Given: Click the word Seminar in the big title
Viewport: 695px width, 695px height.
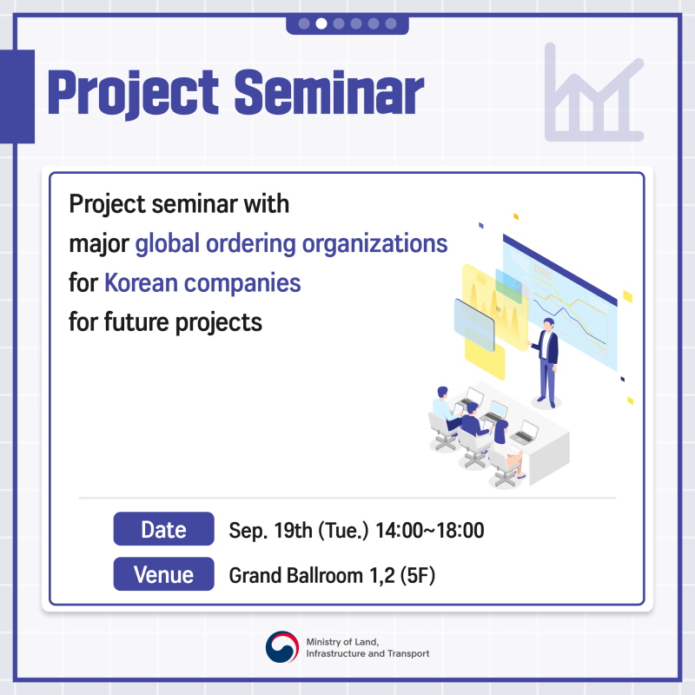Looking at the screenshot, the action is [329, 93].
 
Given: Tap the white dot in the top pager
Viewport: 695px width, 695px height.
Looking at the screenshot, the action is [321, 23].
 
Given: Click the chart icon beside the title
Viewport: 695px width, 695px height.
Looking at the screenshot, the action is [594, 92].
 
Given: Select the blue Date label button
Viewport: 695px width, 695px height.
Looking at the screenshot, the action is [164, 529].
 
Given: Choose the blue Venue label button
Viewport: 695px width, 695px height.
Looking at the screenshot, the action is [164, 574].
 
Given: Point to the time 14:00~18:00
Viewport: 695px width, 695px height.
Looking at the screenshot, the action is [429, 530].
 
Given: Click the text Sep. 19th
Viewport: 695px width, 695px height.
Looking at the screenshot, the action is [270, 530].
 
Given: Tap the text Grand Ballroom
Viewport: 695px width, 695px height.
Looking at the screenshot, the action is [296, 575].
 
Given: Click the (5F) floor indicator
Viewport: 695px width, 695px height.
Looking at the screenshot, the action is [418, 575].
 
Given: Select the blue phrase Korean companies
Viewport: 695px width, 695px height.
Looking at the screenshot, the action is [202, 283].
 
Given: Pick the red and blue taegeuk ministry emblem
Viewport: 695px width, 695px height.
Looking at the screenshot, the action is [282, 647].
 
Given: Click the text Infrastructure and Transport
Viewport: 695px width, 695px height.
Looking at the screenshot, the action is [367, 653].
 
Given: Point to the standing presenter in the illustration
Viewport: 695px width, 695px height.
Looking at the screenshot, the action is [546, 362].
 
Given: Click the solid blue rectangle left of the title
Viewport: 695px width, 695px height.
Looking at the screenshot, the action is [17, 96].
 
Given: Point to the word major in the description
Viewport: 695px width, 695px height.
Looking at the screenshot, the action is [99, 244].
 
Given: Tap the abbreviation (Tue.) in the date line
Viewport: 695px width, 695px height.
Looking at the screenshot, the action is [343, 530].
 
